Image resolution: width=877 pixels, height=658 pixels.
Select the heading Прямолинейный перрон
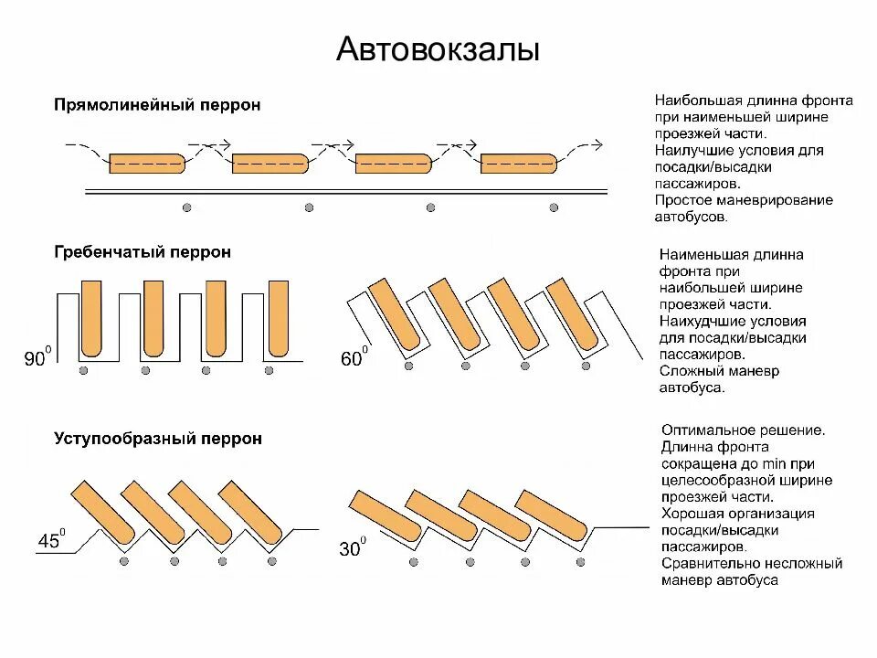click(x=157, y=105)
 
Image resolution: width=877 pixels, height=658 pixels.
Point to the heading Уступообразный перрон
click(x=158, y=439)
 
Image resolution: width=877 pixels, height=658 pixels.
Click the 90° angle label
click(x=36, y=360)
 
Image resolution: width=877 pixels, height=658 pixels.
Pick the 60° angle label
click(x=354, y=358)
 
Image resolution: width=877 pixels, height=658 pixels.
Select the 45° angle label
click(x=51, y=541)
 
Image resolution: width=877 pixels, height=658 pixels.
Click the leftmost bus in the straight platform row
click(x=147, y=164)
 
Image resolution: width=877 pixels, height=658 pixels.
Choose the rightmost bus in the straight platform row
click(x=518, y=164)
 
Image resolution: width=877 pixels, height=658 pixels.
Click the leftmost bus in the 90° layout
click(x=90, y=318)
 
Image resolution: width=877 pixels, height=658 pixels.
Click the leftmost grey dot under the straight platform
click(x=186, y=207)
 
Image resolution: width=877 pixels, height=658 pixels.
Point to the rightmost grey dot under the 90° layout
click(x=269, y=370)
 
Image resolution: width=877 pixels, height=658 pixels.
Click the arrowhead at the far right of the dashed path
click(x=597, y=143)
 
